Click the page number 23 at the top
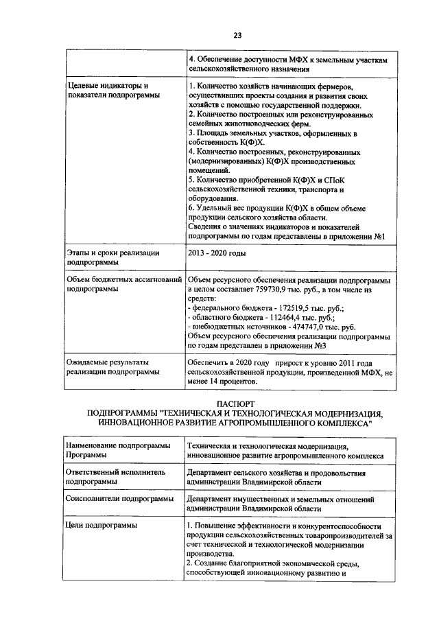(237, 35)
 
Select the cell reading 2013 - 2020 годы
(216, 253)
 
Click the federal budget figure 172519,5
(289, 309)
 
